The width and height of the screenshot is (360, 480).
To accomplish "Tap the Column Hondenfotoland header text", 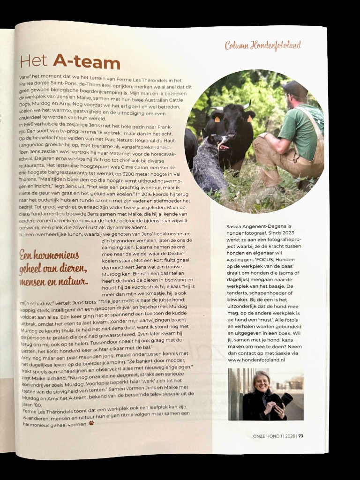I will [x=262, y=45].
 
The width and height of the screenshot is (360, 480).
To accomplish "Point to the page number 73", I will [x=300, y=435].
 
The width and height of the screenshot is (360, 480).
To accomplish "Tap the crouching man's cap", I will [x=295, y=88].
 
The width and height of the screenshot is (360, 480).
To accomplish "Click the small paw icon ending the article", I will [x=91, y=423].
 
